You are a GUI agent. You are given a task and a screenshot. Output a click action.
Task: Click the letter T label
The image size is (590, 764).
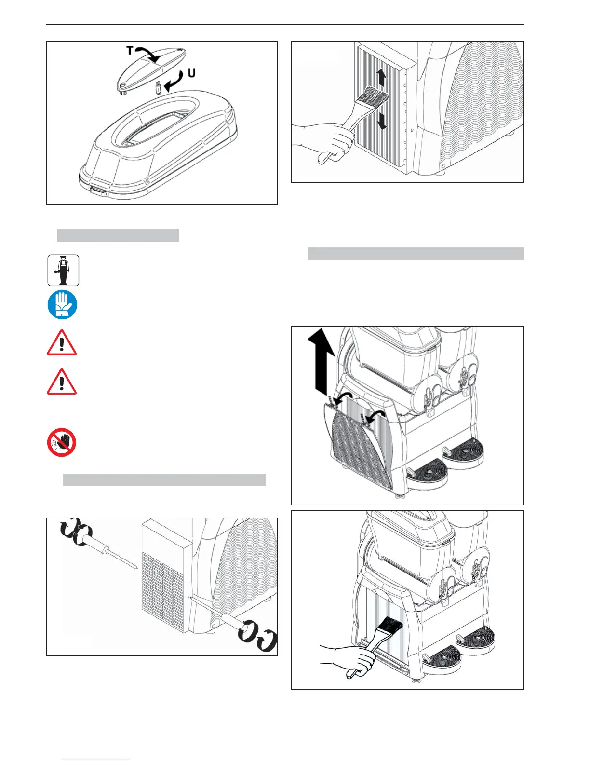coord(130,50)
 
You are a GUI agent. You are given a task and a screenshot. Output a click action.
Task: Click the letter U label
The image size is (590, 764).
coord(191,74)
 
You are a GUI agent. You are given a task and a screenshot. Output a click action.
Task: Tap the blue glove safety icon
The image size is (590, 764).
coord(62,305)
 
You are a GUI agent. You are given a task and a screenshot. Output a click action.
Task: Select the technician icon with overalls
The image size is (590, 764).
coord(63,270)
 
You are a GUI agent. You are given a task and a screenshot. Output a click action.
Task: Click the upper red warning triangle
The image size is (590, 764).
coord(62,343)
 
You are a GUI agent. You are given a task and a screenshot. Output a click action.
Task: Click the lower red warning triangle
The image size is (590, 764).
coord(62,382)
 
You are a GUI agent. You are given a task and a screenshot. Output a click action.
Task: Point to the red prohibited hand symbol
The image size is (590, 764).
coord(62,442)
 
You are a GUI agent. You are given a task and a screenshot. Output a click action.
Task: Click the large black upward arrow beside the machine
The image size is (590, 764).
coord(322,365)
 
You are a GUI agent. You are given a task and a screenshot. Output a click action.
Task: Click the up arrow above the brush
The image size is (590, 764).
coord(381,77)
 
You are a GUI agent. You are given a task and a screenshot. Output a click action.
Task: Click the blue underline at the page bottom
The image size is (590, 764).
coord(95,760)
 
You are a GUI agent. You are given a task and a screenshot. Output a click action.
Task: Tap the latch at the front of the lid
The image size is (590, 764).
coord(98,191)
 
